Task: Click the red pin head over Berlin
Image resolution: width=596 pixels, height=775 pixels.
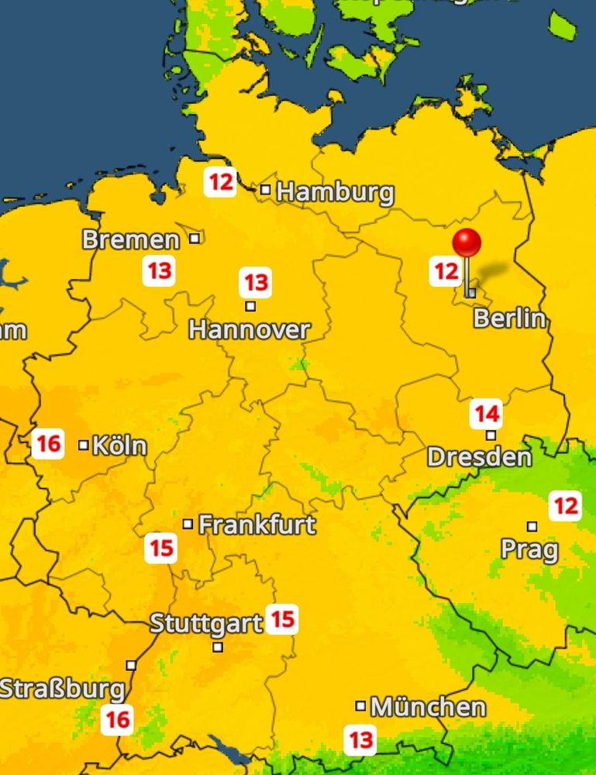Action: (x=467, y=243)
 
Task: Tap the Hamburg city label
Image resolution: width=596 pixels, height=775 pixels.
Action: (x=335, y=192)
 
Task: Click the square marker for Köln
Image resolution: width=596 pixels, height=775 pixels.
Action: (x=84, y=445)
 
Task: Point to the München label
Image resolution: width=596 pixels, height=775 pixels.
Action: (x=428, y=707)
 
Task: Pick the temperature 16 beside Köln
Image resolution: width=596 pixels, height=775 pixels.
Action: (x=48, y=445)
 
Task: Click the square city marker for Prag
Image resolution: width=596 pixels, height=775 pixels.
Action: (x=532, y=526)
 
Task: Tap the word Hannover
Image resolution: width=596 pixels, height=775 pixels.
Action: (x=249, y=330)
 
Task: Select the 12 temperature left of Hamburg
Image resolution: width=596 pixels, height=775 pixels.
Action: (x=221, y=183)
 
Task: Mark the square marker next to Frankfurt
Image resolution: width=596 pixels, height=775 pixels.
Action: (x=188, y=524)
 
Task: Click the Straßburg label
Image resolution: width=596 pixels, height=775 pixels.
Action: (x=62, y=689)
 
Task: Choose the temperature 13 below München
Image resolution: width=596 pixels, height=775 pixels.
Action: (x=361, y=739)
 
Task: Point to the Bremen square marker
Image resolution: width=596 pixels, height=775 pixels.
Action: (x=195, y=238)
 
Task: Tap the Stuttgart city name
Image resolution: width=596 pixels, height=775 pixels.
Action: (x=205, y=623)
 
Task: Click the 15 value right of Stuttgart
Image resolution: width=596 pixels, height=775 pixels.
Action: (x=282, y=619)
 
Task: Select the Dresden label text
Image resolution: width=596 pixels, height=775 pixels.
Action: (x=479, y=456)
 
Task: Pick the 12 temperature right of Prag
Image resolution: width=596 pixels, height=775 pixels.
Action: (x=565, y=507)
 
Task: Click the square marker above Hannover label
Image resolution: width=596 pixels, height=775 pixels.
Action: (x=250, y=306)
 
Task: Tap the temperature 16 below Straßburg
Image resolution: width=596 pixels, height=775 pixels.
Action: (x=117, y=719)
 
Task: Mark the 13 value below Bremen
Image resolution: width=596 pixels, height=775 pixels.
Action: (x=159, y=271)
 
